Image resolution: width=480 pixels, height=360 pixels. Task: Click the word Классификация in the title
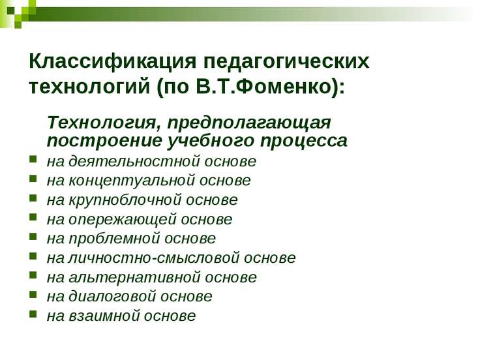[x=112, y=61]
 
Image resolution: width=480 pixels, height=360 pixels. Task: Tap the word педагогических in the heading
[x=286, y=62]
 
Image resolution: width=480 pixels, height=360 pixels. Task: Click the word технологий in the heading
[x=90, y=87]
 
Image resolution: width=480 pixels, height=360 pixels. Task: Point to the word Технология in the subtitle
[x=104, y=123]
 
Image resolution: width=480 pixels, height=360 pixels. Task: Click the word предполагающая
[x=249, y=123]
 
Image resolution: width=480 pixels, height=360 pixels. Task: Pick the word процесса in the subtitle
[x=304, y=142]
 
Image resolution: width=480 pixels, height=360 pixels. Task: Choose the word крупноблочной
[x=125, y=200]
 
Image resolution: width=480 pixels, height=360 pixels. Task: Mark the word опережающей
[x=122, y=220]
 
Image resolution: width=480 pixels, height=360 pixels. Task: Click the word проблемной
[x=114, y=239]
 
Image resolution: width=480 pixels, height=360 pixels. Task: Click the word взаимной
[x=103, y=316]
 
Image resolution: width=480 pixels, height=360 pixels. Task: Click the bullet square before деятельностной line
[x=33, y=159]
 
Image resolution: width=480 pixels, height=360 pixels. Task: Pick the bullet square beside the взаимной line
[x=33, y=314]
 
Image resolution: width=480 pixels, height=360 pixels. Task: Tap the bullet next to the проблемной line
[x=33, y=237]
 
